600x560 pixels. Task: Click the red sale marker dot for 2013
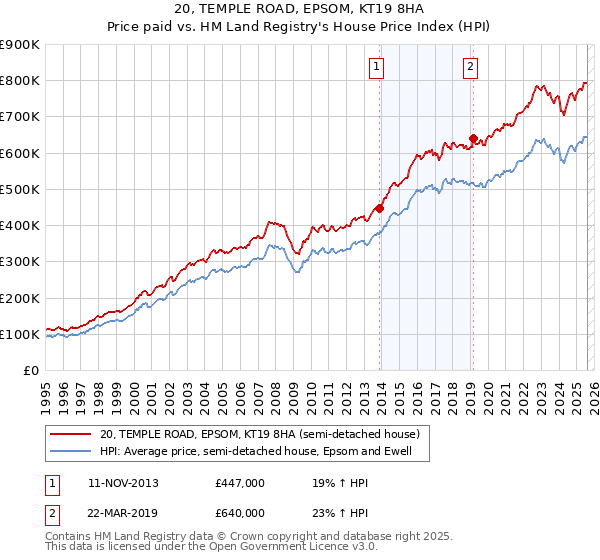pos(379,208)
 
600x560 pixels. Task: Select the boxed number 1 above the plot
pos(377,68)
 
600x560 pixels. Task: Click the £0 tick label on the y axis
pos(30,371)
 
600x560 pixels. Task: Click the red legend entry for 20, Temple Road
pos(264,434)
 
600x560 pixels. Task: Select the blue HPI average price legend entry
pos(263,452)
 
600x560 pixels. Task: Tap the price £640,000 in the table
pos(240,513)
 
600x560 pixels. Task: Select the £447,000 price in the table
pos(240,483)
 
